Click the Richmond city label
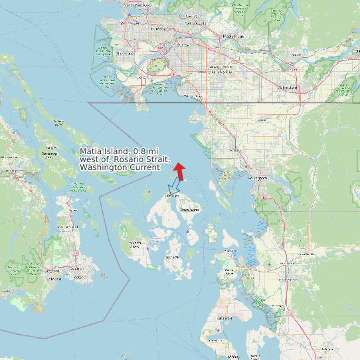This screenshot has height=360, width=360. pyautogui.click(x=124, y=53)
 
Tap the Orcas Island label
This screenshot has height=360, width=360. pyautogui.click(x=189, y=210)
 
